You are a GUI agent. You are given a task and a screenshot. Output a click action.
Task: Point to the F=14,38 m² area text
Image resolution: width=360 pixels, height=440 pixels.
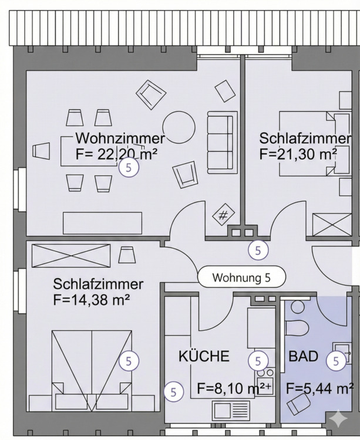(x=91, y=299)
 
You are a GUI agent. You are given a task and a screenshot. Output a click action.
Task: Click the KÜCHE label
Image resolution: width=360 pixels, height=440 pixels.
(x=204, y=356)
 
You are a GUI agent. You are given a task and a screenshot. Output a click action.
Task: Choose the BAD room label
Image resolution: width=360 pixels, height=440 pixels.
(x=303, y=356)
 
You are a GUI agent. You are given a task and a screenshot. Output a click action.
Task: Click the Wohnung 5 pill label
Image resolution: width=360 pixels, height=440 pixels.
(x=241, y=277)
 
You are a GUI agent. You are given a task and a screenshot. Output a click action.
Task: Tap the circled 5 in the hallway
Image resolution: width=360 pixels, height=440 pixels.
(x=258, y=250)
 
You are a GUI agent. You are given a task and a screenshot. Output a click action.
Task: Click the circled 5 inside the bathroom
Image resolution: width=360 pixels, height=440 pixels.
(x=336, y=361)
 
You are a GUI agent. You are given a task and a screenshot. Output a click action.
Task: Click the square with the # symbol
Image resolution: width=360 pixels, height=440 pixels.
(x=223, y=215)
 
